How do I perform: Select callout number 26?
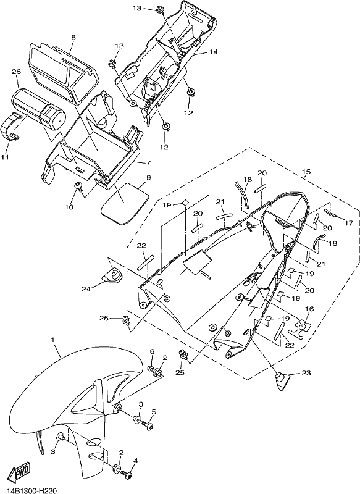[x=16, y=72]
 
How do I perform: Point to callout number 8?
[x=73, y=38]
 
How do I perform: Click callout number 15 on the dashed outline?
[x=306, y=172]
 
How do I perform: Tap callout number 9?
[x=149, y=178]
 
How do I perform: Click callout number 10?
[x=69, y=207]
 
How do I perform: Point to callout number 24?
[x=86, y=288]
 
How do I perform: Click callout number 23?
[x=306, y=373]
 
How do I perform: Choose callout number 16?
[x=309, y=309]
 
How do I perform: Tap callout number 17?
[x=349, y=223]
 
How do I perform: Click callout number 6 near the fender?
[x=152, y=351]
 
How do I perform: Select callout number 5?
[x=154, y=411]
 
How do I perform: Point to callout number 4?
[x=136, y=461]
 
